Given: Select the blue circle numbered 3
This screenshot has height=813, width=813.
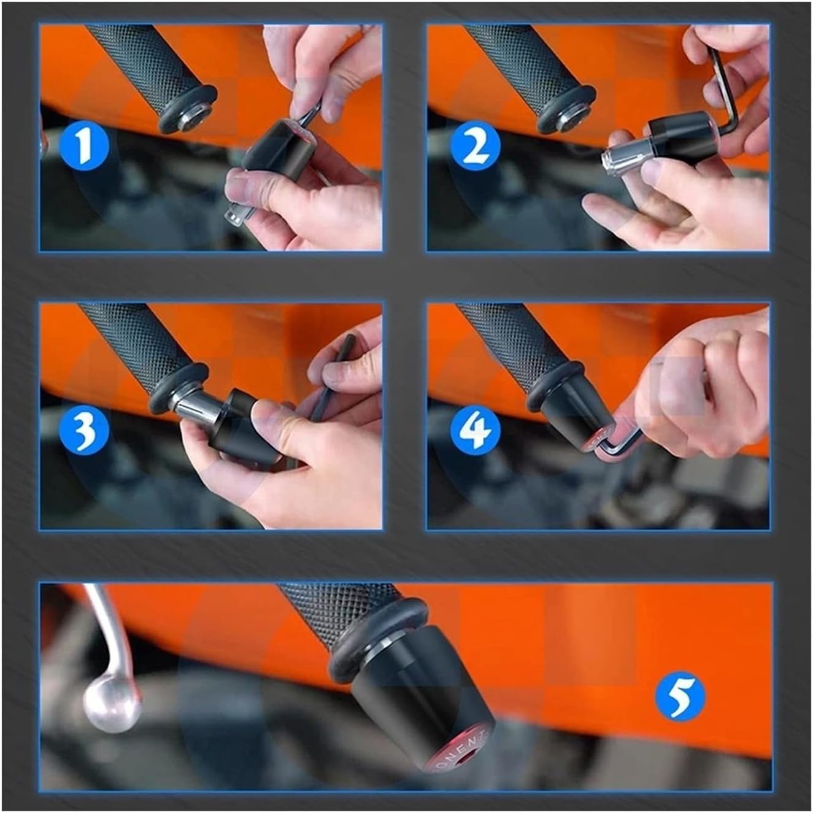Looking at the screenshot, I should click(x=84, y=426).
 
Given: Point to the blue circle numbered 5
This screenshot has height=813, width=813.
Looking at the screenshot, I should click(x=679, y=696).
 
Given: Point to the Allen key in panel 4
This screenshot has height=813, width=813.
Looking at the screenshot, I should click(x=620, y=445).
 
